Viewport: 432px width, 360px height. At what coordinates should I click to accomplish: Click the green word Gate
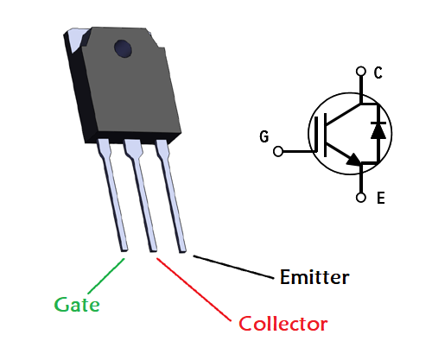[x=77, y=305]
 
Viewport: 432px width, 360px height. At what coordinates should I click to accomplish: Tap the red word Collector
[x=283, y=324]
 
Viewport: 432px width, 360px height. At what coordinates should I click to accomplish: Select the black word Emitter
[x=314, y=277]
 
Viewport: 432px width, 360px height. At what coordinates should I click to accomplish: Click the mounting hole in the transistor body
[x=123, y=48]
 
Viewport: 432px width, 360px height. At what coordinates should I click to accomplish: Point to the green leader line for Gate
[x=106, y=275]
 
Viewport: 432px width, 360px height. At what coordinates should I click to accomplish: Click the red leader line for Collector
[x=194, y=289]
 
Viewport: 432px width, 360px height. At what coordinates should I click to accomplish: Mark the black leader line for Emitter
[x=233, y=267]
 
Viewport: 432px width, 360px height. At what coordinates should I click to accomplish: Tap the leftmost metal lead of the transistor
[x=113, y=195]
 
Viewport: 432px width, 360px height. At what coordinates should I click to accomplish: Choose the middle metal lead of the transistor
[x=141, y=195]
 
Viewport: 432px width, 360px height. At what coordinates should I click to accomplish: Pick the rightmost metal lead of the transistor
[x=171, y=196]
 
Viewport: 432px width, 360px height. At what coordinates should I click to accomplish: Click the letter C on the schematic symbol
[x=378, y=73]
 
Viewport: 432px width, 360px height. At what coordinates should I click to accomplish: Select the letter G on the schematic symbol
[x=264, y=136]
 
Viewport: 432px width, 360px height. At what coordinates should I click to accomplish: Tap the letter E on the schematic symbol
[x=381, y=199]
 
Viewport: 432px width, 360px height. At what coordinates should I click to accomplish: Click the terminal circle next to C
[x=361, y=71]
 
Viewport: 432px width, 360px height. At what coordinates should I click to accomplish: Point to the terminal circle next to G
[x=278, y=151]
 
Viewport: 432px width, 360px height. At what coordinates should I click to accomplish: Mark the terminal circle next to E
[x=361, y=198]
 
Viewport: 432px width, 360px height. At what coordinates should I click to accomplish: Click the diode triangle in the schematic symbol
[x=378, y=131]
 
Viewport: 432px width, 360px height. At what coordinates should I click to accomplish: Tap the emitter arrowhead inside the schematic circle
[x=354, y=160]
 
